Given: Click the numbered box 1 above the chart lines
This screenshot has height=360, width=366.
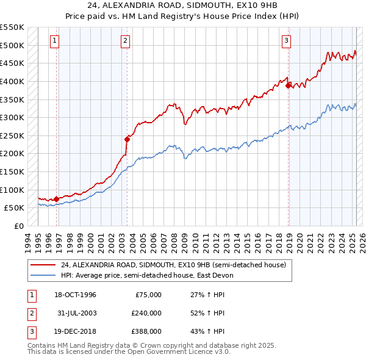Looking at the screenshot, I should click(55, 41).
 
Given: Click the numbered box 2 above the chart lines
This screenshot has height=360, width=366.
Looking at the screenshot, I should click(125, 41).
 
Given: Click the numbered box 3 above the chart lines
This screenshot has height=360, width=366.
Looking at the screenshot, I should click(286, 41).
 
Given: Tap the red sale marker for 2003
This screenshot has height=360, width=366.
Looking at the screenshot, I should click(127, 139).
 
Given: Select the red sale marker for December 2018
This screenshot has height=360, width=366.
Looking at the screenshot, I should click(288, 85).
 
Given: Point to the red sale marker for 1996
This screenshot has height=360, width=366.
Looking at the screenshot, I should click(57, 198).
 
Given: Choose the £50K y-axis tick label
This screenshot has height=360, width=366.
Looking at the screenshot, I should click(15, 207).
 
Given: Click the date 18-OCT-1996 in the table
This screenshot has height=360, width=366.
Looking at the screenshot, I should click(76, 295).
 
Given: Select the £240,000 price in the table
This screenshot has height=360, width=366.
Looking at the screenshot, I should click(147, 313).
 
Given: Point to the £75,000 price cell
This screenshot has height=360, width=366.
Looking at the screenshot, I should click(148, 295).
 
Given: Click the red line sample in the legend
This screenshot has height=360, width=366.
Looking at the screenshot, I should click(42, 264).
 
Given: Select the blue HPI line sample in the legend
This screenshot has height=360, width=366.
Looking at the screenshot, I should click(42, 275).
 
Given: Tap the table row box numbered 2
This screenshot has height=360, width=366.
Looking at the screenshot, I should click(31, 313).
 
